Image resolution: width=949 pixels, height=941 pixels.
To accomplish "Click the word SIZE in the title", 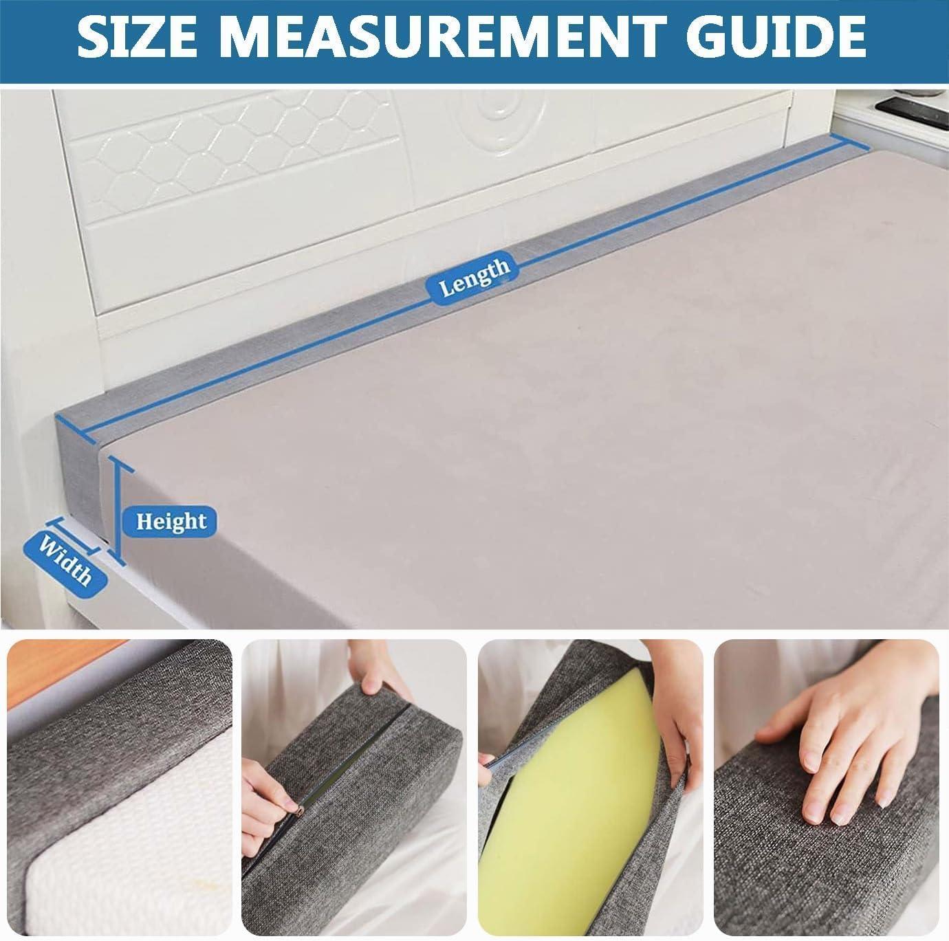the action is [x=137, y=37].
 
